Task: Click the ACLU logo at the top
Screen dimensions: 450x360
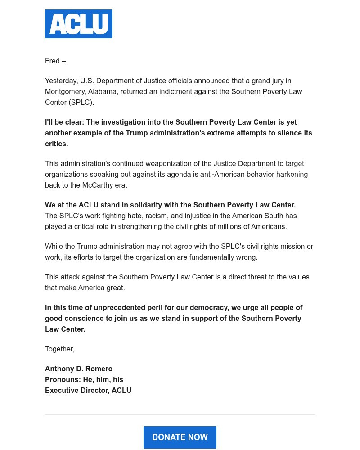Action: tap(79, 24)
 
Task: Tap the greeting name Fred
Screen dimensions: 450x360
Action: tap(52, 61)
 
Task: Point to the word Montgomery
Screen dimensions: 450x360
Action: tap(66, 91)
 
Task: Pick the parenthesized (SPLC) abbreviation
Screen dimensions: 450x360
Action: tap(81, 102)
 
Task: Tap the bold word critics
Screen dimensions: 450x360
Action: tap(56, 144)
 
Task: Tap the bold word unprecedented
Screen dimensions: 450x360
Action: tap(112, 307)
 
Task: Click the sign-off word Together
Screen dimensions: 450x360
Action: tap(59, 349)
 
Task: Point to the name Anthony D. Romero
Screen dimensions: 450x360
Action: tap(79, 369)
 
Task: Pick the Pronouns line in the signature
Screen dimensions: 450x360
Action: tap(84, 379)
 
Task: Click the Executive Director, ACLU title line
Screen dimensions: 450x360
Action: tap(88, 390)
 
